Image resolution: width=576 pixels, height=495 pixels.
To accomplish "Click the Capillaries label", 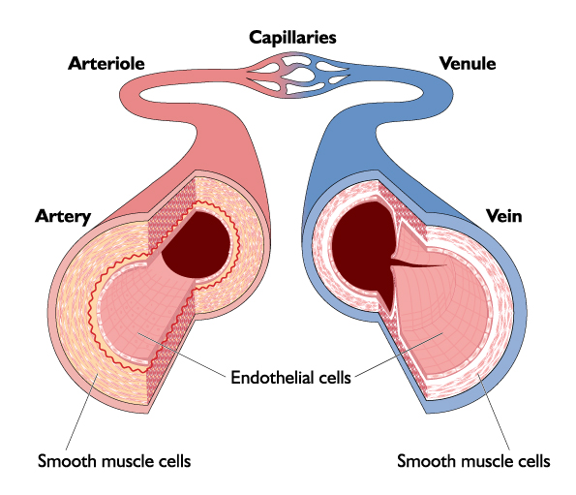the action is (292, 38).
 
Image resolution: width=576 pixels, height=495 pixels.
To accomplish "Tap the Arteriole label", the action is (106, 64).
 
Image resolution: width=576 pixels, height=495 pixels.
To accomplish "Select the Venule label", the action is (468, 64).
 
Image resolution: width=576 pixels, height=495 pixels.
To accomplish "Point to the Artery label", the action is (63, 216).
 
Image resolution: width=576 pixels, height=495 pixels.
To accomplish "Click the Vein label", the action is (503, 216).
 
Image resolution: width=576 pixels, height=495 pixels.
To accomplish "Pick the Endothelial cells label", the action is (290, 378).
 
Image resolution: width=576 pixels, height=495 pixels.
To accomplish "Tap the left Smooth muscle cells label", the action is (114, 461).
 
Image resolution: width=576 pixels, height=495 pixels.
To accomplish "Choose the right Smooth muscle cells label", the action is (473, 461).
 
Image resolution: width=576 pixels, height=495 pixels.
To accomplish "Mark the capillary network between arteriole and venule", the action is (298, 76).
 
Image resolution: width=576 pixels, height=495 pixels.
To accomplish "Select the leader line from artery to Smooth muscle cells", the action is (81, 412).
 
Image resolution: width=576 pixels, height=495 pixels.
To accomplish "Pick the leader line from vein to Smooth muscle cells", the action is (494, 412).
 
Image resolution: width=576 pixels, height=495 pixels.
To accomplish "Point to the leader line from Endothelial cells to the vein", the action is (399, 355).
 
